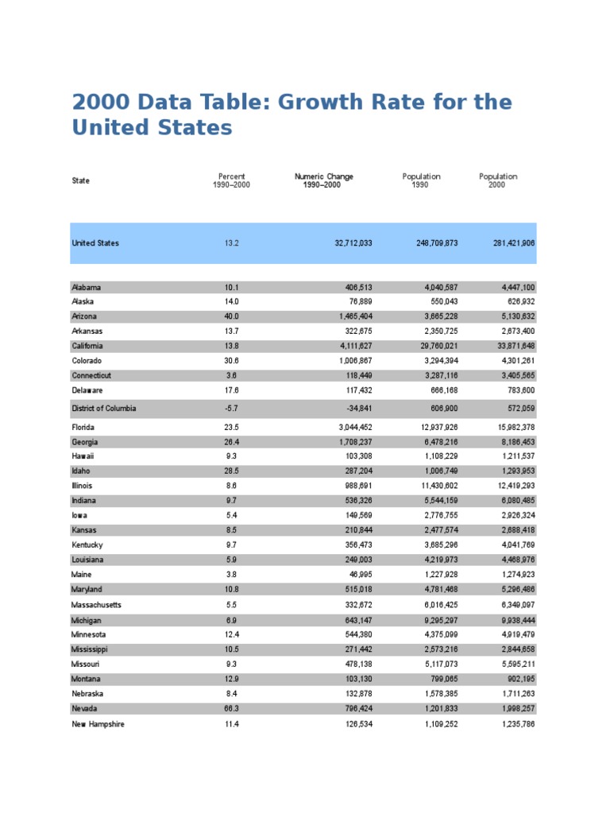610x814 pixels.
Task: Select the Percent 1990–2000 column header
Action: (231, 180)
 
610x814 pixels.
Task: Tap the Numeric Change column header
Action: (324, 180)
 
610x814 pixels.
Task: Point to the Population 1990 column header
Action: (421, 180)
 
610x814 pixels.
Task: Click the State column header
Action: (80, 180)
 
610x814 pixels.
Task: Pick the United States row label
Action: (95, 243)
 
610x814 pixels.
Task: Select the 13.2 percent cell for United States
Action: (231, 243)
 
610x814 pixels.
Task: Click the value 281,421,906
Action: (509, 243)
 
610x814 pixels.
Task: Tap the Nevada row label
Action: (86, 708)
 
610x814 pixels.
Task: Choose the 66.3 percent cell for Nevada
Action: (231, 708)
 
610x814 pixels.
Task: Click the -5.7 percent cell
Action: (231, 409)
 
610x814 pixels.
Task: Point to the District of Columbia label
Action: (103, 409)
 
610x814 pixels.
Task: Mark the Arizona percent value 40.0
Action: (231, 316)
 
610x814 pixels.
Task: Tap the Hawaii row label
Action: (83, 456)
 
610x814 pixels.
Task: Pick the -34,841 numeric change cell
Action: (355, 409)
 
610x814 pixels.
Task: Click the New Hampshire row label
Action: (98, 724)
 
